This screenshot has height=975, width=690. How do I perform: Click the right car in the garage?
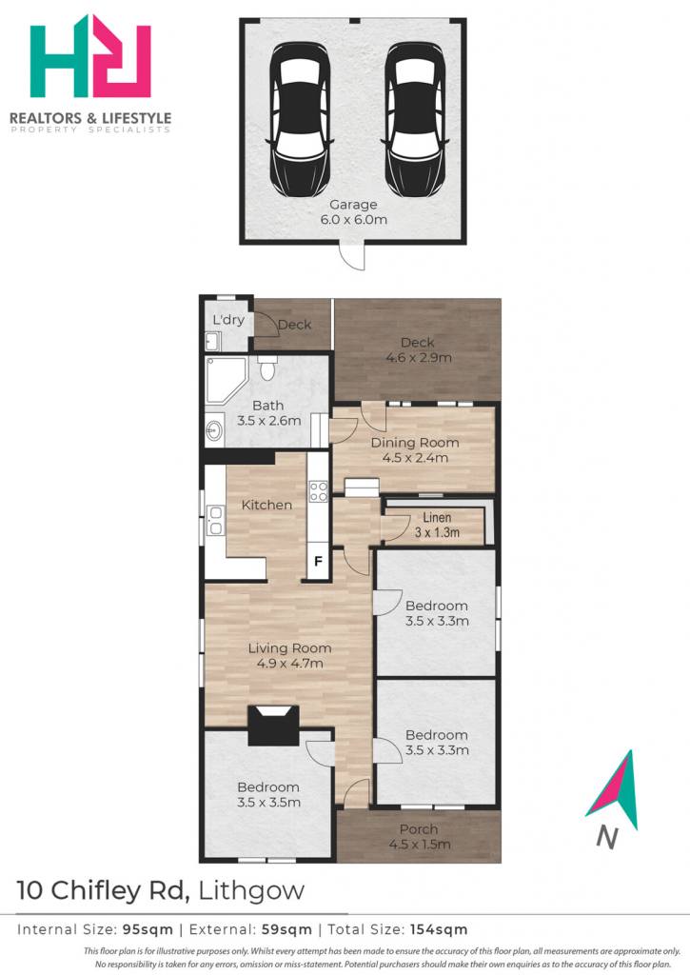coord(414,119)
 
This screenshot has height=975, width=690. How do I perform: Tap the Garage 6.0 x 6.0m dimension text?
coord(354,212)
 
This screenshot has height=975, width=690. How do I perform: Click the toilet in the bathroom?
coord(267,368)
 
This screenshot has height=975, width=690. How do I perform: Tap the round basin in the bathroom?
coord(214,429)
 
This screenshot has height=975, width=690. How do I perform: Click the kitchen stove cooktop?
coord(318,490)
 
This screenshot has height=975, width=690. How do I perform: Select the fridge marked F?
coord(318,562)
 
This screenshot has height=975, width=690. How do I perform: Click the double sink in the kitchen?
coord(216,521)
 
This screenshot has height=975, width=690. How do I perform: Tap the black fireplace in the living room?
coord(273,725)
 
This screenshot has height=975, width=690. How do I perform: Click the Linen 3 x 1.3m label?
coord(437,525)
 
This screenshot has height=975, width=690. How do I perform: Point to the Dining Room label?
coord(415,443)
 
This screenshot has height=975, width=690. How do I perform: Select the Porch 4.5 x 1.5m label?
coord(420,836)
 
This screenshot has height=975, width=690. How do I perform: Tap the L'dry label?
coord(228,320)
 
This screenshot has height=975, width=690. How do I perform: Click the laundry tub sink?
coord(212,341)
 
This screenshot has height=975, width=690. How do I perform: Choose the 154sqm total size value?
coord(439,929)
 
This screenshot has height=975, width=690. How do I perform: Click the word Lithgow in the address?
coord(251,891)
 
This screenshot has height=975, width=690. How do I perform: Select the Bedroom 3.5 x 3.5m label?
coord(268,795)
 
